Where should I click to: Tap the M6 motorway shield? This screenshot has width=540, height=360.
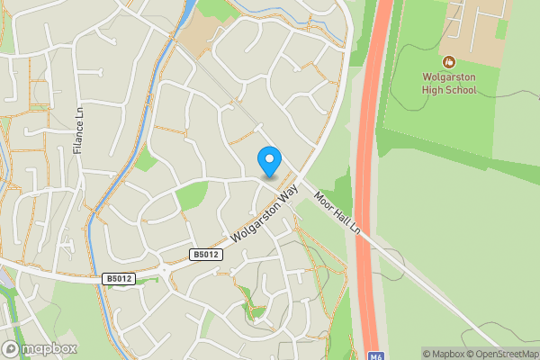378,354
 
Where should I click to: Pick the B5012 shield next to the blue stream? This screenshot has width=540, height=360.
118,279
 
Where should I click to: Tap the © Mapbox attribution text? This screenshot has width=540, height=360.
444,354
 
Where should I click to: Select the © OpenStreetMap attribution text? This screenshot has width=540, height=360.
502,354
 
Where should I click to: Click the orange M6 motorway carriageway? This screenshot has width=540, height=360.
366,180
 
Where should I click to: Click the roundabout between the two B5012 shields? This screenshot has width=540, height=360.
164,269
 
